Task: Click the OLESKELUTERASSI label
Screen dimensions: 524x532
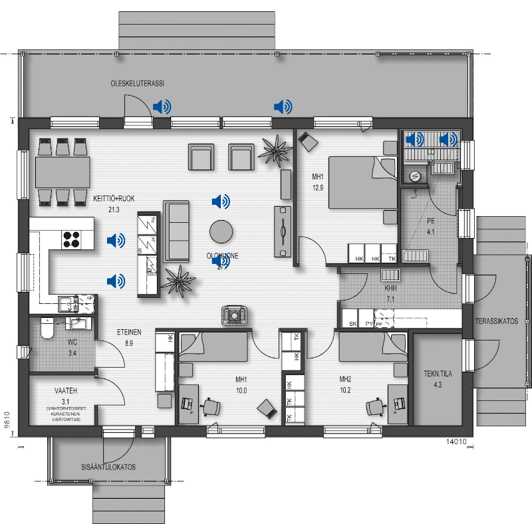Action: pyautogui.click(x=137, y=83)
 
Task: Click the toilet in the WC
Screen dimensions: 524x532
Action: pyautogui.click(x=46, y=328)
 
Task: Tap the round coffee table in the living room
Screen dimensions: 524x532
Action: pyautogui.click(x=221, y=231)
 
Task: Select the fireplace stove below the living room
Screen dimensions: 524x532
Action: pyautogui.click(x=233, y=314)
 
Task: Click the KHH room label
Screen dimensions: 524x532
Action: pyautogui.click(x=390, y=290)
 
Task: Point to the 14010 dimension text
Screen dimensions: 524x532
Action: pyautogui.click(x=452, y=440)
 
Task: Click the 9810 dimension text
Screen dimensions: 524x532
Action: pyautogui.click(x=7, y=422)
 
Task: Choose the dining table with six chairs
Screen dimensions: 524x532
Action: pyautogui.click(x=63, y=172)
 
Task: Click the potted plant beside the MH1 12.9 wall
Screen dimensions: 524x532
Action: pyautogui.click(x=274, y=149)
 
